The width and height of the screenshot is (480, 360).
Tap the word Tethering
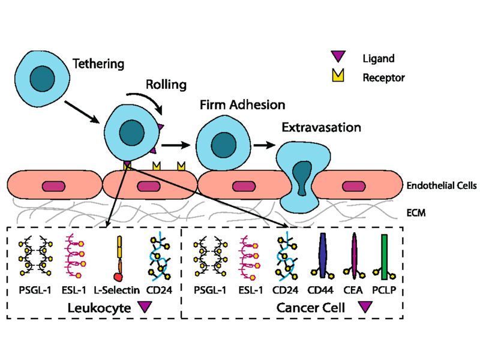click(98, 63)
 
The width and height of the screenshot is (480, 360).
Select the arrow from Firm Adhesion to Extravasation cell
click(263, 145)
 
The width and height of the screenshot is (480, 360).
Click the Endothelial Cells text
click(441, 186)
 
